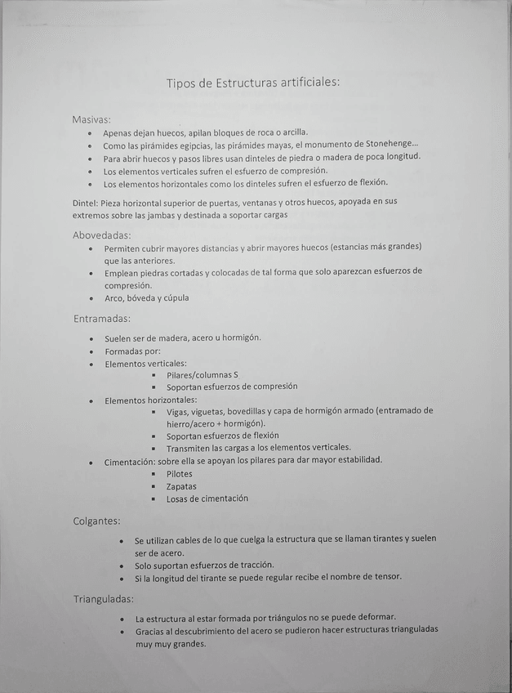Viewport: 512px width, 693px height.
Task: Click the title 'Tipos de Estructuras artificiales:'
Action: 252,83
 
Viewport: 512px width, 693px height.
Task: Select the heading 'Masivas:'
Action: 91,119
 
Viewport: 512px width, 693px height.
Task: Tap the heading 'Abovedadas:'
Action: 102,235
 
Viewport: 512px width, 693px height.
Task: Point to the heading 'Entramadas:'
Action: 102,319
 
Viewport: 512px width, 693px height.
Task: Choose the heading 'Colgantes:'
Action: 97,521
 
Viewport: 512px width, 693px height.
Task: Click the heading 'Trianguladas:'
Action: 103,600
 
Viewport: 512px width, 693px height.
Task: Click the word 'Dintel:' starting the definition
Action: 85,202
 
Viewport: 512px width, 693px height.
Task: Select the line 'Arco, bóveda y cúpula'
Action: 146,298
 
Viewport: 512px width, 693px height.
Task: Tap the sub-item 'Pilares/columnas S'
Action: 202,375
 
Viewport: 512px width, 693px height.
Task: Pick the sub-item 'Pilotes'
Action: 180,474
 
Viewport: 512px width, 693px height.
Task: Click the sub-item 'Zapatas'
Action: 181,486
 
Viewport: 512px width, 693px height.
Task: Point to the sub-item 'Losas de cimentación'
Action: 207,499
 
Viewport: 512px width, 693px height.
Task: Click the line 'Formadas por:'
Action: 132,351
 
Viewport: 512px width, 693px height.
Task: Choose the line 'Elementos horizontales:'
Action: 150,400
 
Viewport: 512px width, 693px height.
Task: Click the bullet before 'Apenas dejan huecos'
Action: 89,133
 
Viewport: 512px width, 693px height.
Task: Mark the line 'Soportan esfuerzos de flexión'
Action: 222,436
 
